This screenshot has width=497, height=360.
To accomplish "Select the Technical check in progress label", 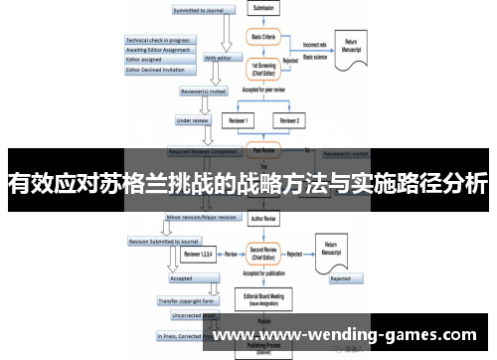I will pos(158,41).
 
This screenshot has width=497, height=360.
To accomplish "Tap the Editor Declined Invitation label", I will pos(158,69).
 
